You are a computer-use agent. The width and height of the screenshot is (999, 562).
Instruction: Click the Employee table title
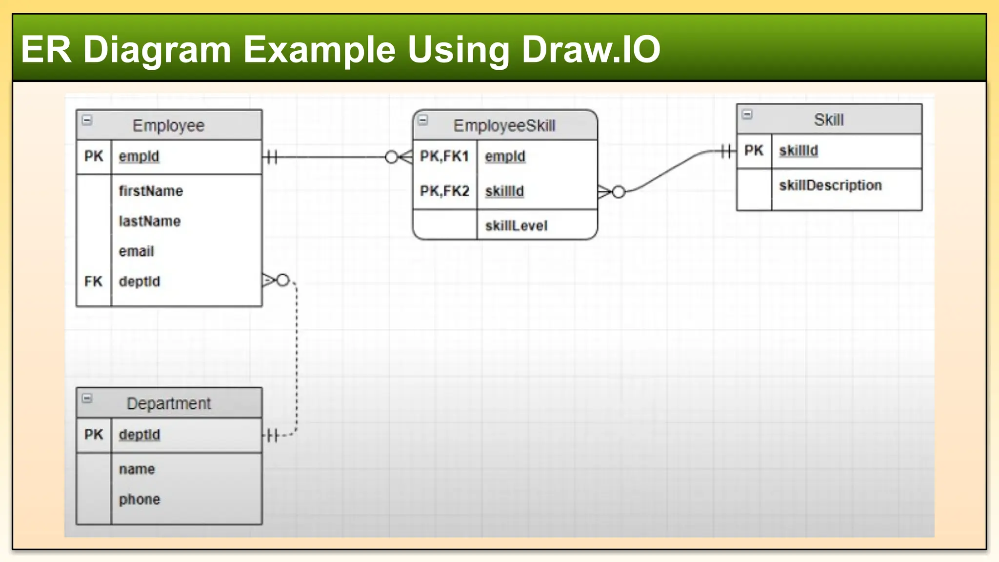[x=168, y=125]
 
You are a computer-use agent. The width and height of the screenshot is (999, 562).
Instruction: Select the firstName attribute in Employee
[x=151, y=191]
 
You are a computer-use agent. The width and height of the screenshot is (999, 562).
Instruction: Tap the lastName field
[x=150, y=221]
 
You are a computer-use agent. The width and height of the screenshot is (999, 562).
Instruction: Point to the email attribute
[x=137, y=251]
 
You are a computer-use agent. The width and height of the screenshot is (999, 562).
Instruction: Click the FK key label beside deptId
[x=93, y=281]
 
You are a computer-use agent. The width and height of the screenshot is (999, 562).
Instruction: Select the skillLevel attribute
[x=516, y=226]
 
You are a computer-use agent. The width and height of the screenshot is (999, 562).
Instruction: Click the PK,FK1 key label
[x=444, y=156]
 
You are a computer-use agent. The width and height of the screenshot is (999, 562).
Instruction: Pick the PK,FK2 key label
[x=444, y=191]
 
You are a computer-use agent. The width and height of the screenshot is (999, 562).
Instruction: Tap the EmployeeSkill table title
[x=504, y=125]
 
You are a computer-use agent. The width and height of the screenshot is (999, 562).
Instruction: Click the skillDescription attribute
[x=830, y=185]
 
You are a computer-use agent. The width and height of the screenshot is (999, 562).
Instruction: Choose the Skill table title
[x=828, y=120]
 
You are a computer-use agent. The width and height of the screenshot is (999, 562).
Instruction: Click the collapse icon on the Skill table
[x=747, y=115]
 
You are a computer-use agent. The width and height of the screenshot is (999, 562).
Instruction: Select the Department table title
[x=169, y=403]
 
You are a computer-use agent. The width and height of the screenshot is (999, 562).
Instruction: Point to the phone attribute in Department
[x=140, y=499]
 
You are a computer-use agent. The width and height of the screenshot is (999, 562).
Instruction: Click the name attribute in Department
[x=137, y=469]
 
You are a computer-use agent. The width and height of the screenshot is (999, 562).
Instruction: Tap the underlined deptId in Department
[x=140, y=434]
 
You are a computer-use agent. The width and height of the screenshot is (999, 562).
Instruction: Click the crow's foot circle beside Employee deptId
[x=283, y=281]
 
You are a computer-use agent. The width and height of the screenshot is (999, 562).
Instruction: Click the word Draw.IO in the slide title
[x=591, y=49]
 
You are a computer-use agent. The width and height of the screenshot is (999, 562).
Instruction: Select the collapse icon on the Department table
[x=87, y=399]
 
